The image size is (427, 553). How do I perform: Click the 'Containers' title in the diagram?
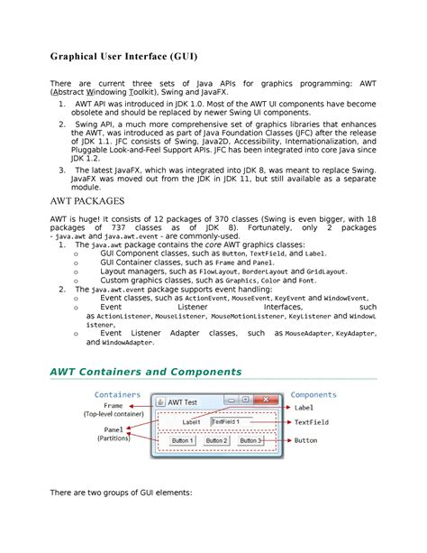pos(117,394)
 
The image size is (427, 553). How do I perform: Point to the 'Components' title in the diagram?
pos(313,394)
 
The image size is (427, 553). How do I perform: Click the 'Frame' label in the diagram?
pos(114,406)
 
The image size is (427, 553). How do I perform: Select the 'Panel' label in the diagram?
pos(114,429)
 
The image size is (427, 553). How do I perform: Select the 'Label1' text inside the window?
pos(191,421)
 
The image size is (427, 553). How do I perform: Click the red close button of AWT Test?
pos(268,400)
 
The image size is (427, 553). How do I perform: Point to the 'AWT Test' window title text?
pos(188,401)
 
